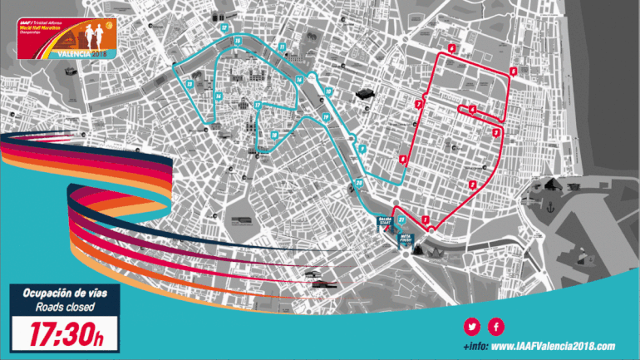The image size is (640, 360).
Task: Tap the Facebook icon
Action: click(496, 326)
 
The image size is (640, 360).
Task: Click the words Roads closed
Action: click(64, 308)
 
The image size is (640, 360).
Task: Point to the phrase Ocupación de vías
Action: click(64, 294)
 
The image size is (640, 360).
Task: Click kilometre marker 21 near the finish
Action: click(402, 219)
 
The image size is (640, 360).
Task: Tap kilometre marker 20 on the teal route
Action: click(359, 184)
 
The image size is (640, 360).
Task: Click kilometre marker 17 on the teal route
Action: click(258, 105)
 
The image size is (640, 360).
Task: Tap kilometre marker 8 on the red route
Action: click(402, 160)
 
